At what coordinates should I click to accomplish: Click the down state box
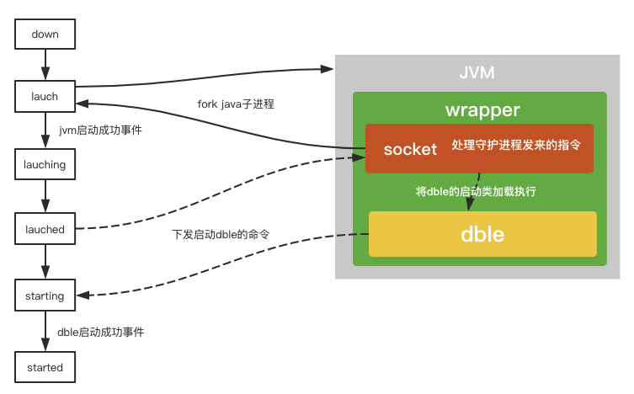[x=45, y=35]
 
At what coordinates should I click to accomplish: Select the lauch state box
[x=45, y=96]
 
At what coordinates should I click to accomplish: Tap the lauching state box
[x=45, y=164]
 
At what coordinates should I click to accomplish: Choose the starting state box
[x=45, y=295]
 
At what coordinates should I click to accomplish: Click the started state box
[x=45, y=367]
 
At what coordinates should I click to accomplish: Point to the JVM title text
[x=477, y=73]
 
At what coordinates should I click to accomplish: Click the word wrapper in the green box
[x=482, y=110]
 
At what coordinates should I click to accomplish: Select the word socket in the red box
[x=410, y=149]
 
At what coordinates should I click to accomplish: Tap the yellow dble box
[x=482, y=234]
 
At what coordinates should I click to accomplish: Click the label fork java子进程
[x=236, y=104]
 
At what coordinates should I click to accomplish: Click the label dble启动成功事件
[x=100, y=332]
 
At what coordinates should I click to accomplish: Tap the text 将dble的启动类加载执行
[x=476, y=191]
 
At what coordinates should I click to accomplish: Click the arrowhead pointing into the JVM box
[x=329, y=68]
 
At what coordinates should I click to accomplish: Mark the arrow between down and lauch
[x=45, y=65]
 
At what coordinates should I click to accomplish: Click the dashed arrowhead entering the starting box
[x=83, y=295]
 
